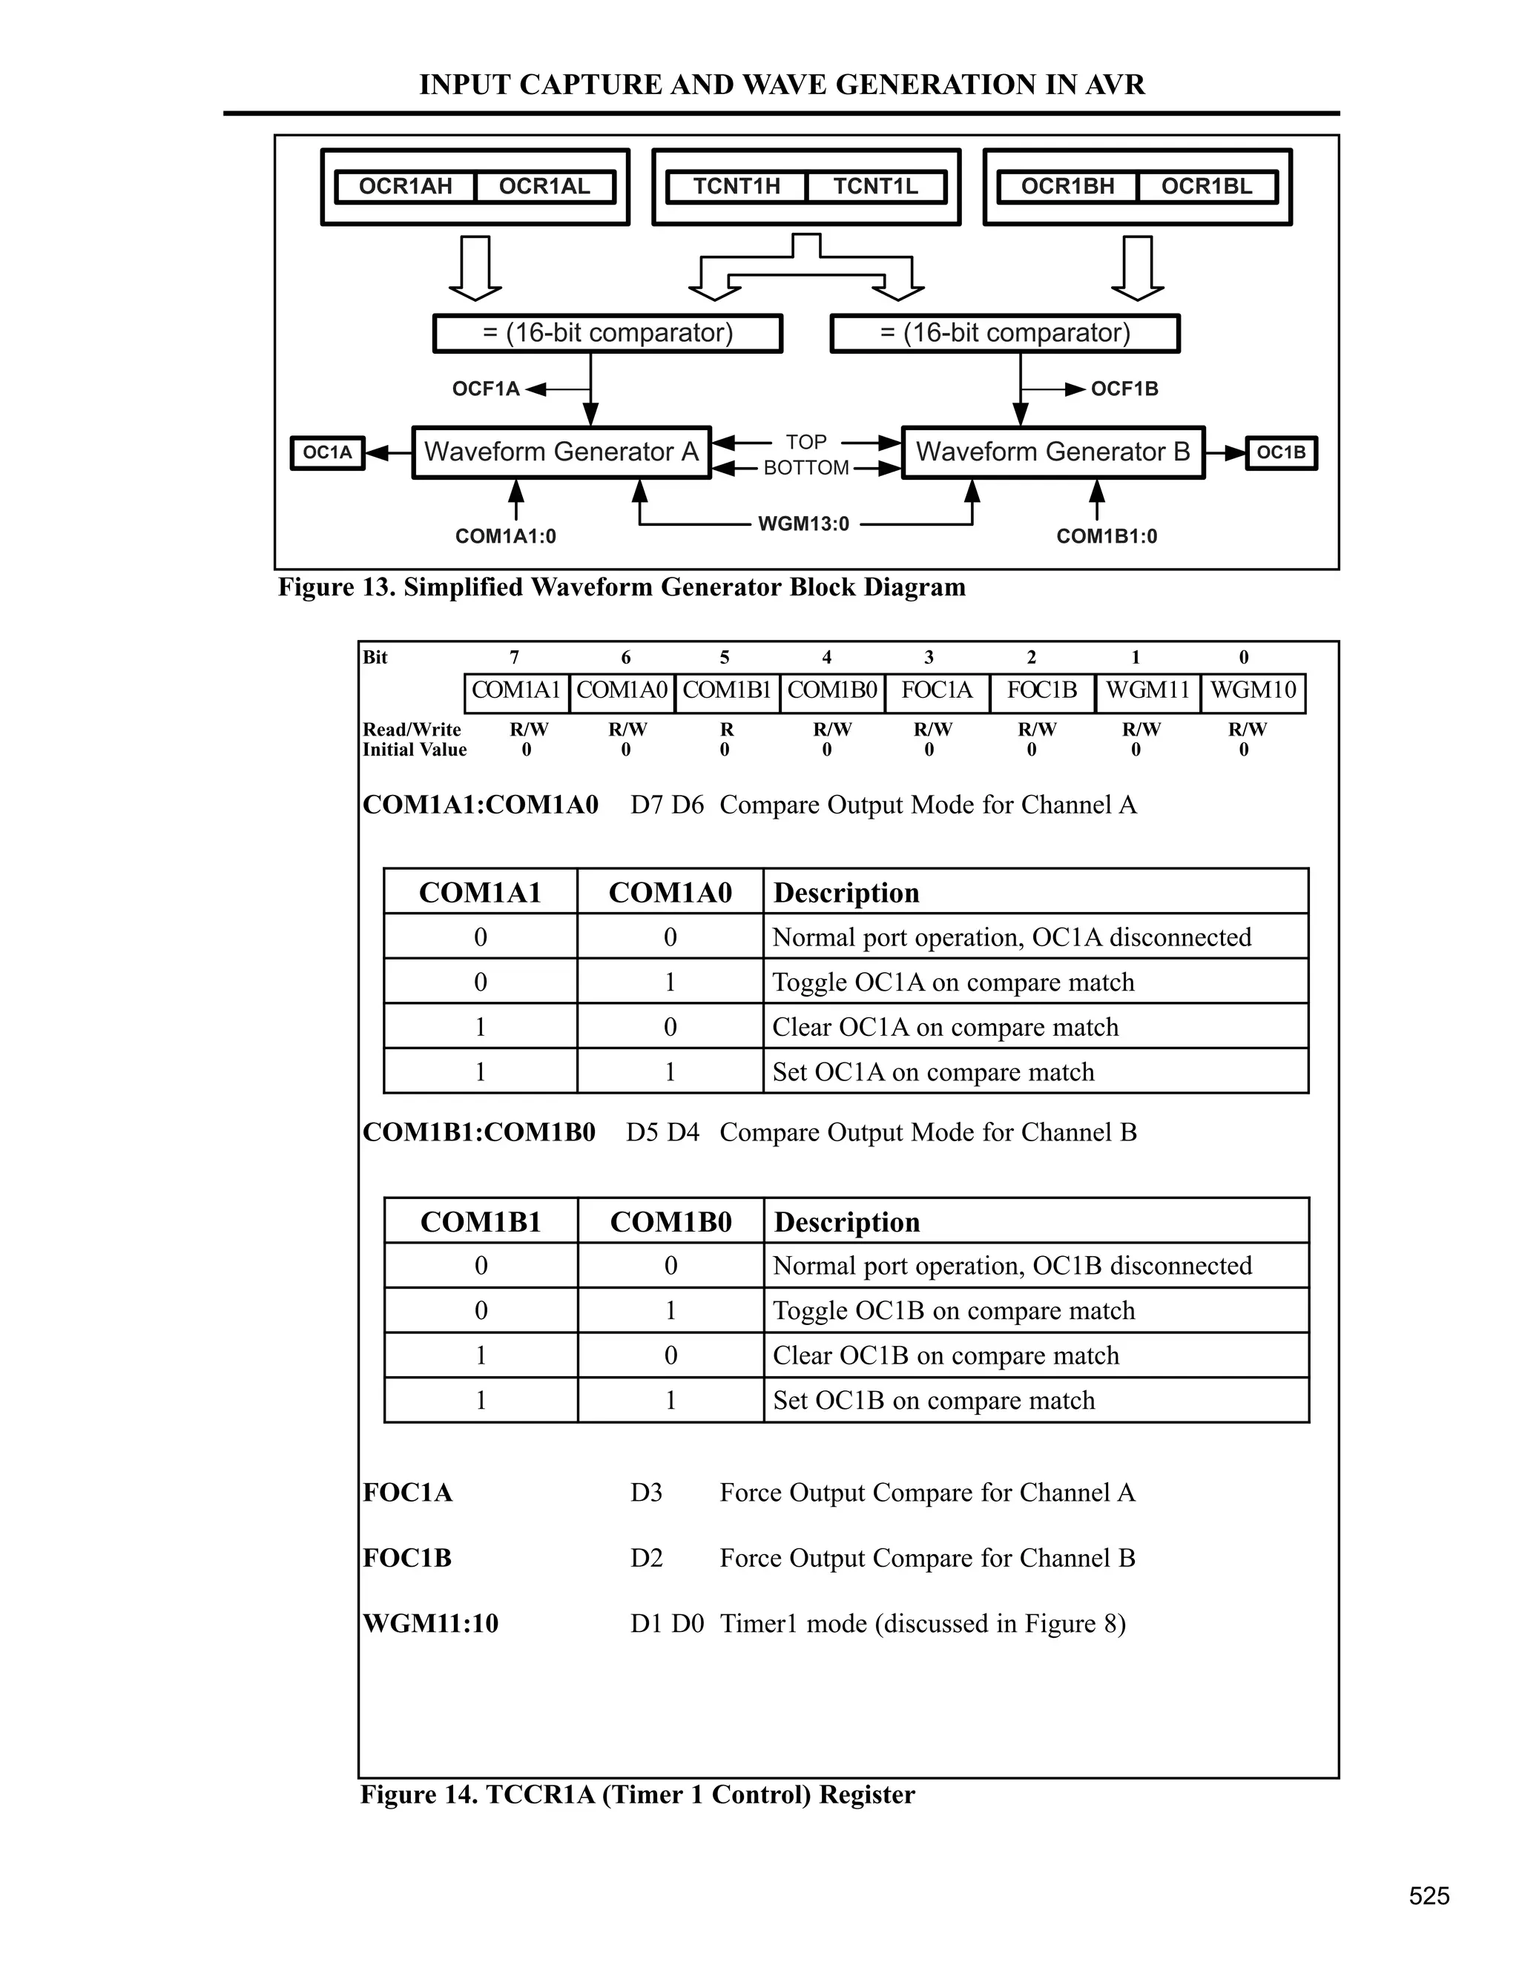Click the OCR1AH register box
tap(405, 187)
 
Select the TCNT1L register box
tap(876, 187)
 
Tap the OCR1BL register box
tap(1207, 187)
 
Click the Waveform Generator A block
tap(561, 452)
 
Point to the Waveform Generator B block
tap(1053, 452)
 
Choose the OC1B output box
tap(1280, 452)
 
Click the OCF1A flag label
tap(486, 389)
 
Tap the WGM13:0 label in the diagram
tap(803, 524)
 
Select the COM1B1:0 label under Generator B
tap(1107, 536)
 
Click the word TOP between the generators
tap(805, 442)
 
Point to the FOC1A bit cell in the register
tap(937, 690)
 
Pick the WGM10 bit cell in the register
tap(1253, 690)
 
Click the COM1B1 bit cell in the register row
tap(727, 690)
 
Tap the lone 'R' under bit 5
tap(727, 730)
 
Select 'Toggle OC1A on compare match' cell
tap(953, 982)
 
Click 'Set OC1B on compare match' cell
tap(934, 1400)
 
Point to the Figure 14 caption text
tap(637, 1795)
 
